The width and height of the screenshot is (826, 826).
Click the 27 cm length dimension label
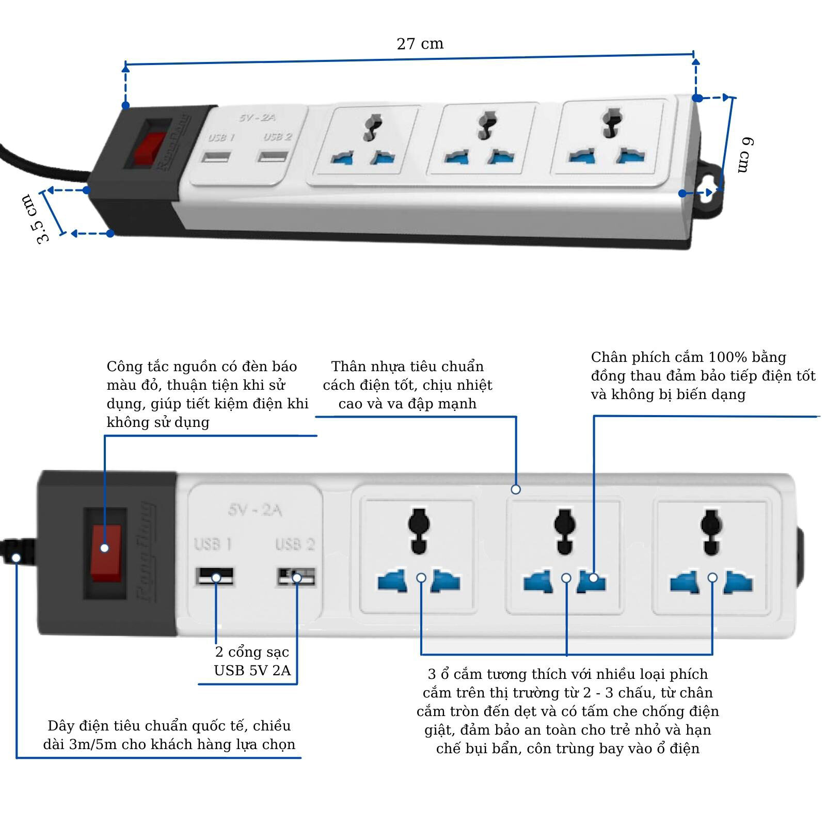(x=420, y=44)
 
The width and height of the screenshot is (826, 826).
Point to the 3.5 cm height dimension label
(x=36, y=218)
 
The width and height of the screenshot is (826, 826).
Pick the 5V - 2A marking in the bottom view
(x=255, y=510)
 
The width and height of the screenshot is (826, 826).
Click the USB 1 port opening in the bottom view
(x=214, y=576)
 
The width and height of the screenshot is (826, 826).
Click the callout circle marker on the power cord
(x=17, y=558)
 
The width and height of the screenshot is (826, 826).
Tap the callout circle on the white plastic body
(x=515, y=489)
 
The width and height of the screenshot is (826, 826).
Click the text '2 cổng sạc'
(x=252, y=652)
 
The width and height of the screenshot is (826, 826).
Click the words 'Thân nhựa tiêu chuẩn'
(x=407, y=367)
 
